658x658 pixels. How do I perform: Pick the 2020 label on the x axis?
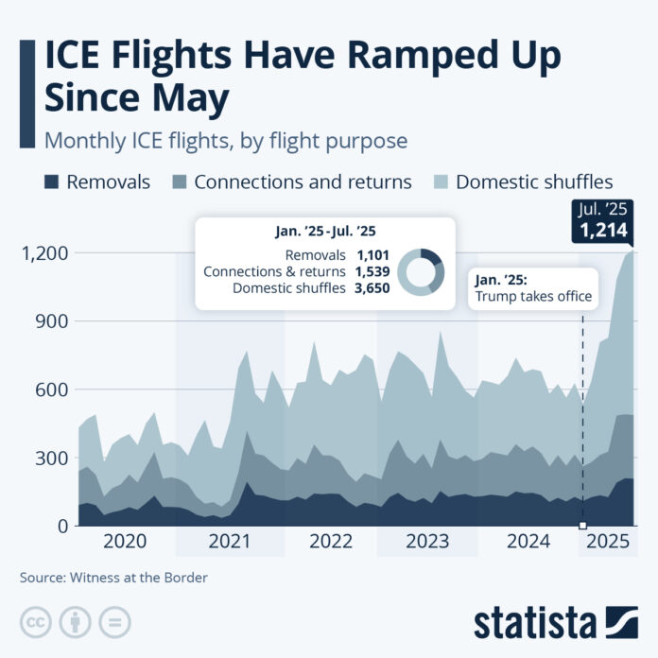(124, 542)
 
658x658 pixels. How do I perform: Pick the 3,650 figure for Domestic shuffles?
(372, 288)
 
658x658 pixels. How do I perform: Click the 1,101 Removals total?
(372, 255)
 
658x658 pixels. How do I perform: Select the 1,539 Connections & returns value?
(372, 272)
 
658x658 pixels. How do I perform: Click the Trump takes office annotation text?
(533, 297)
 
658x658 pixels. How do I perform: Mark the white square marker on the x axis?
(582, 526)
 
